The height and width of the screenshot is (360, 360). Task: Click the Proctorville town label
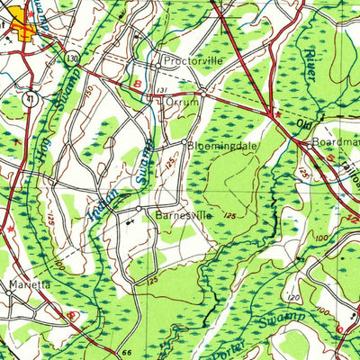click(x=190, y=63)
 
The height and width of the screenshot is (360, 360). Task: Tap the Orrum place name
click(x=181, y=103)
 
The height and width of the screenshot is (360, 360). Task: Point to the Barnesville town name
click(x=183, y=216)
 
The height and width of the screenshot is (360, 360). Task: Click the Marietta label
click(x=29, y=284)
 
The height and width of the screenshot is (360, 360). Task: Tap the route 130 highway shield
click(x=71, y=58)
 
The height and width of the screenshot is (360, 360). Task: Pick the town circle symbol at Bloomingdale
click(x=184, y=142)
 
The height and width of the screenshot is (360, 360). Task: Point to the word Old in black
click(x=305, y=124)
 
